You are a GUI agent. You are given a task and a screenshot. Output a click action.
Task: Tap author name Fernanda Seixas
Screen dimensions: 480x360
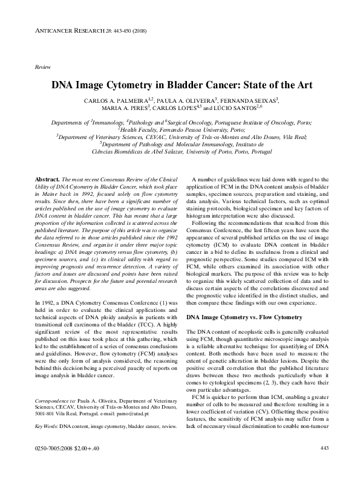(253, 99)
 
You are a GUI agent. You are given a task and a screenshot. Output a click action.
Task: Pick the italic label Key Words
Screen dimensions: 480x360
(46, 426)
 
